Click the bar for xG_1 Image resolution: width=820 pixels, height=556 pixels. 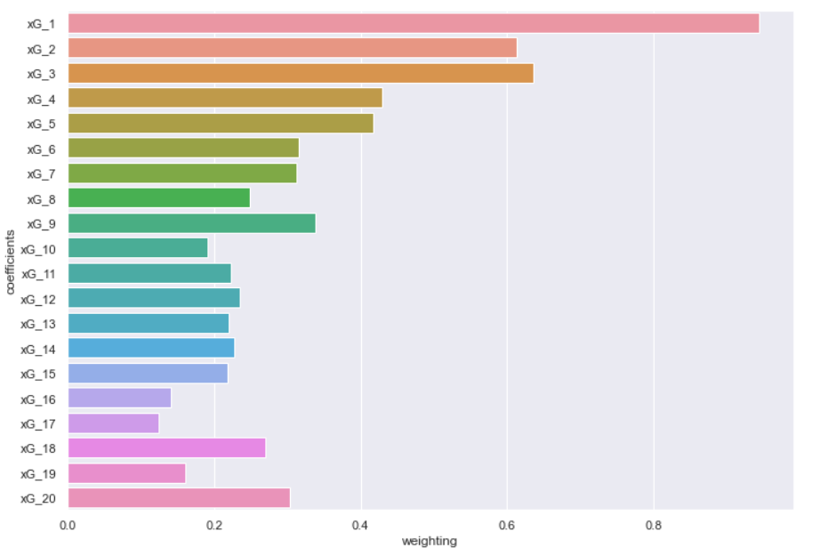[x=414, y=23]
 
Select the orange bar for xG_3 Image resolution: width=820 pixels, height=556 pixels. [x=301, y=73]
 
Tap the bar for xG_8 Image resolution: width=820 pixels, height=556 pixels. [x=158, y=197]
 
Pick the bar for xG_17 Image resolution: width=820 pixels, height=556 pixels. [x=113, y=423]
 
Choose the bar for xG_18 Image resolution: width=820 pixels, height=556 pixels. [x=166, y=447]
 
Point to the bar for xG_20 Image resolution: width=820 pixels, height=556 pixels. [x=179, y=497]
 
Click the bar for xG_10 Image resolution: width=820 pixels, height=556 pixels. [x=138, y=247]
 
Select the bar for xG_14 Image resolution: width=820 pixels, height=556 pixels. [x=151, y=348]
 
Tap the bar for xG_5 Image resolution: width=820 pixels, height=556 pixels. [x=221, y=123]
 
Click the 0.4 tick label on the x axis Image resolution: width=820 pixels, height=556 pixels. [x=360, y=525]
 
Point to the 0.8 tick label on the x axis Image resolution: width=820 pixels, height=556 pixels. [x=654, y=525]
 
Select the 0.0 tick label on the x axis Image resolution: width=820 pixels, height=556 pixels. [x=68, y=525]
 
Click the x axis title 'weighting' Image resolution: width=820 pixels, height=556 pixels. [x=430, y=541]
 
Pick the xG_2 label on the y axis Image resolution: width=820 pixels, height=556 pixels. [x=41, y=49]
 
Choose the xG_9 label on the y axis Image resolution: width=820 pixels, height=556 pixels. [x=41, y=223]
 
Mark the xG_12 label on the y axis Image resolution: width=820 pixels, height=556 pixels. [x=38, y=298]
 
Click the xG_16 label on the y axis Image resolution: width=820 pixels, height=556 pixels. [x=38, y=398]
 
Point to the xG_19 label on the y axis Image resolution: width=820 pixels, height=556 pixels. [x=38, y=472]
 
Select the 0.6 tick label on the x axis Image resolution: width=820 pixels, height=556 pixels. [x=507, y=525]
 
